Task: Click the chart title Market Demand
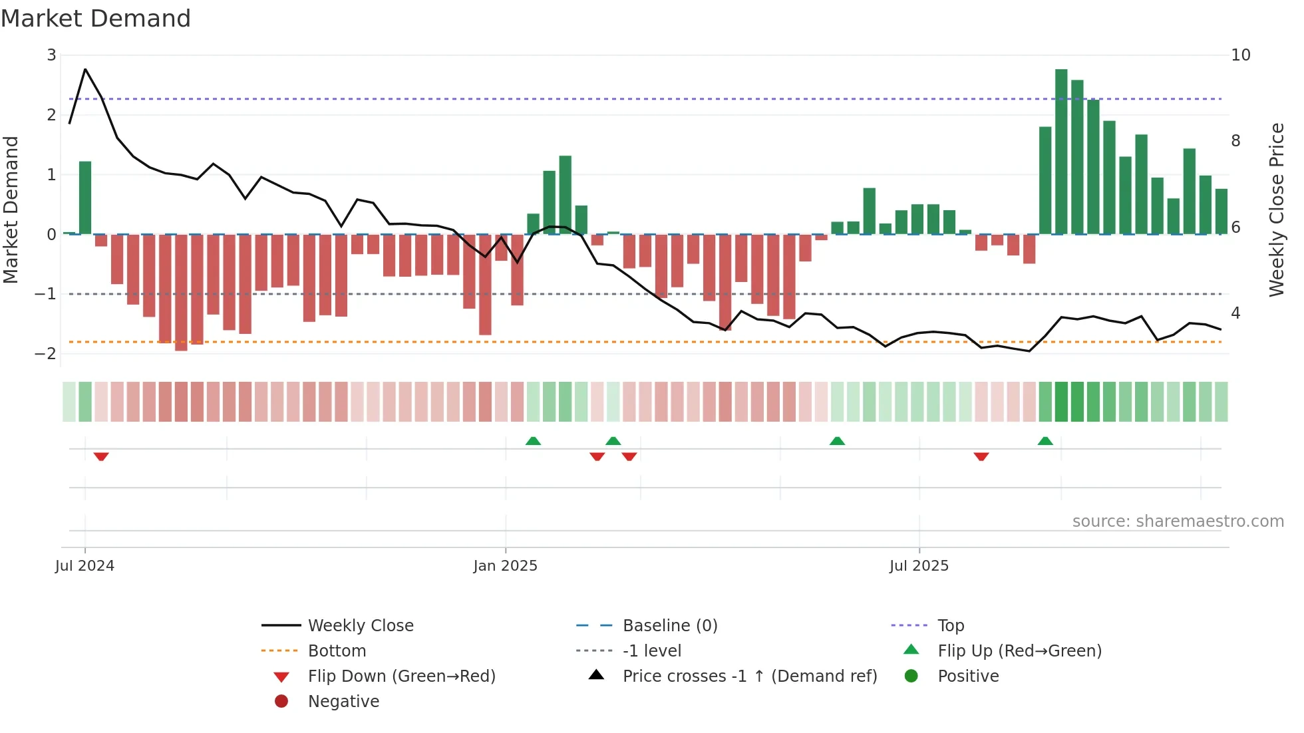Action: (96, 19)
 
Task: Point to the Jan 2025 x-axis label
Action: (505, 566)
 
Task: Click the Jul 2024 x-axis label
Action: (84, 566)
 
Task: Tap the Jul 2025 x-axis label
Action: (919, 566)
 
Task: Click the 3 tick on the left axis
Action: (51, 55)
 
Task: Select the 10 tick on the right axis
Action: (1240, 55)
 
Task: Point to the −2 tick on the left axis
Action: (46, 353)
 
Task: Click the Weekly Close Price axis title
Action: (1276, 210)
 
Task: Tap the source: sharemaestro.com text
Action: (1178, 521)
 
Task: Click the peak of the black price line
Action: (85, 69)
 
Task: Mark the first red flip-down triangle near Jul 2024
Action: (101, 456)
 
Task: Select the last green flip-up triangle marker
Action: (1045, 441)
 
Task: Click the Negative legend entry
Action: (343, 701)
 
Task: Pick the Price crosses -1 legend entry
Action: (749, 676)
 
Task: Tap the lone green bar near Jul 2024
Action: (85, 198)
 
